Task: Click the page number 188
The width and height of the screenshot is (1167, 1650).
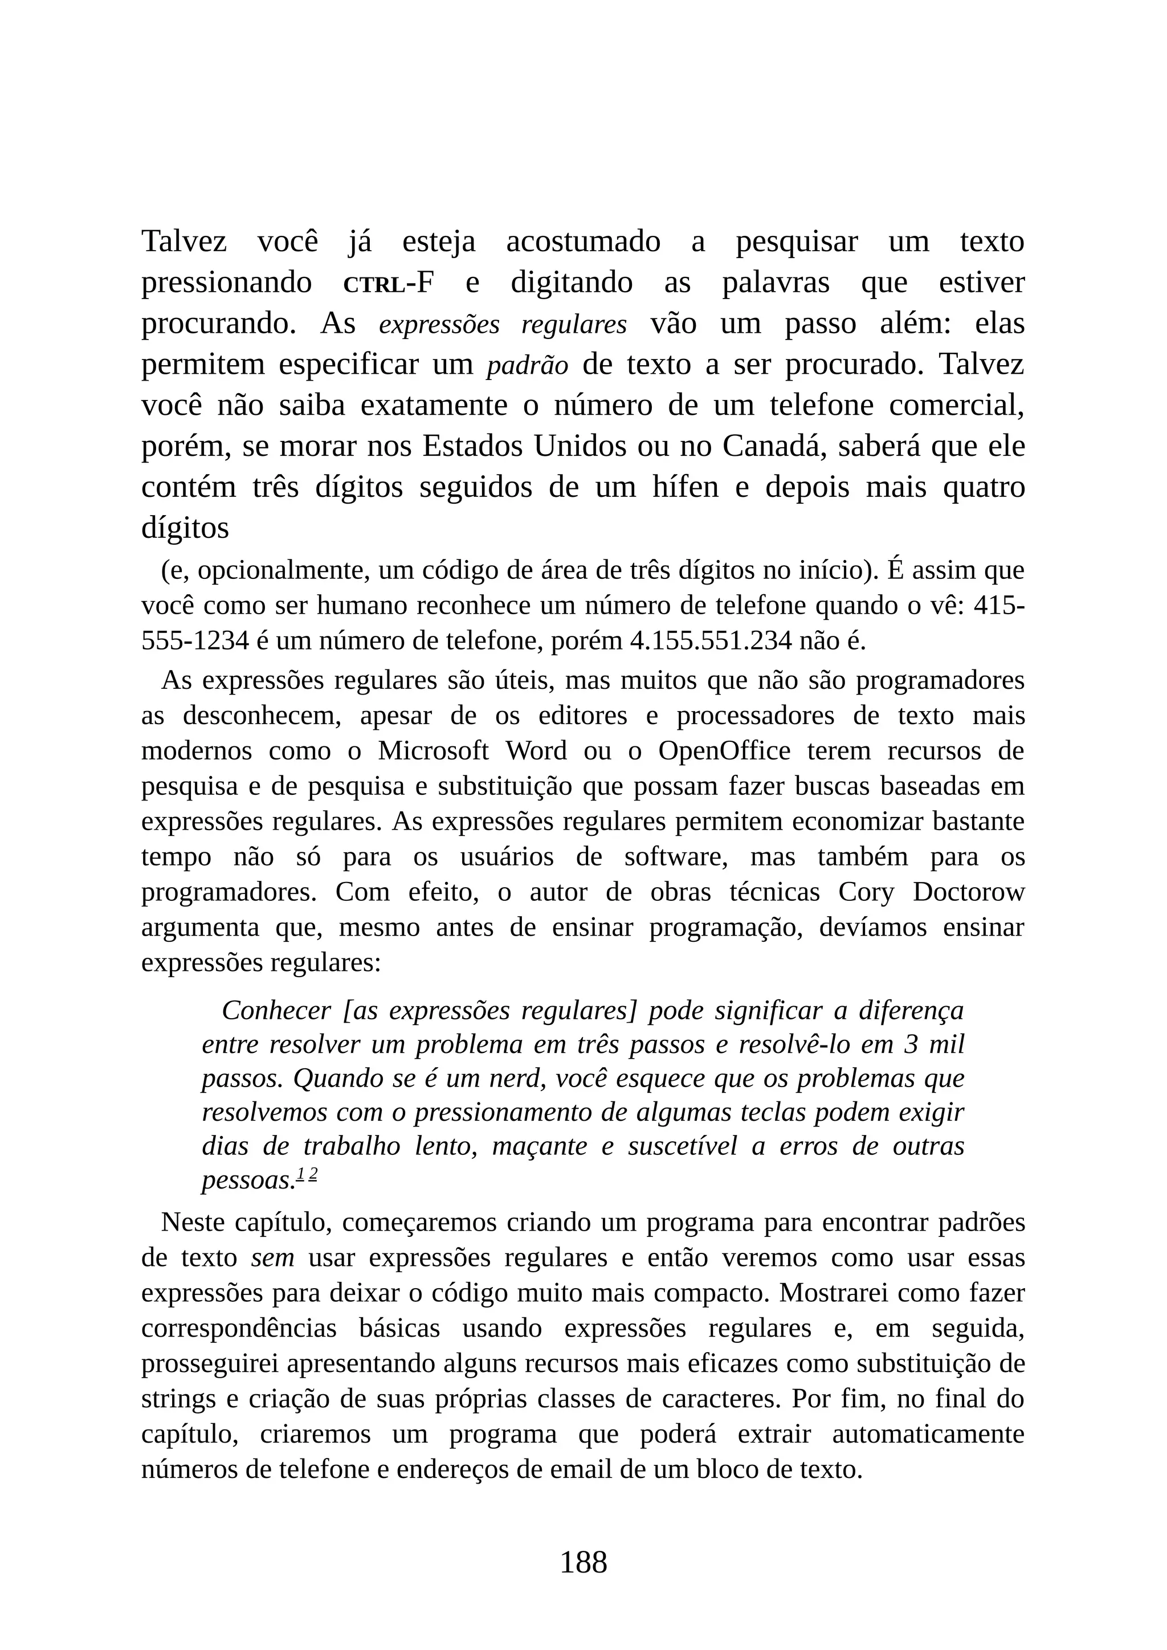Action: tap(583, 1562)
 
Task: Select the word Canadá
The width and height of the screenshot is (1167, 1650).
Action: tap(772, 446)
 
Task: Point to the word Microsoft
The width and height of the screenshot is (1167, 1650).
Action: tap(433, 750)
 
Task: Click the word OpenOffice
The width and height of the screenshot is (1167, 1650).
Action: tap(724, 750)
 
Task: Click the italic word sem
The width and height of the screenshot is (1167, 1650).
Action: tap(272, 1257)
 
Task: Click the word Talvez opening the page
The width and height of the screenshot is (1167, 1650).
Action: tap(183, 241)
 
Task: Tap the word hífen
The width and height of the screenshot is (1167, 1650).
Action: tap(685, 487)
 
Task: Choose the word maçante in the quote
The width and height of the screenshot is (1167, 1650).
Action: tap(540, 1146)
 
